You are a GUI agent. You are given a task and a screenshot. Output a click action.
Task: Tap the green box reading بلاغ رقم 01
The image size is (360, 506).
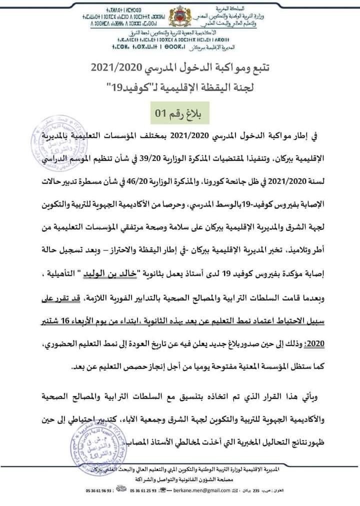coord(179,113)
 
